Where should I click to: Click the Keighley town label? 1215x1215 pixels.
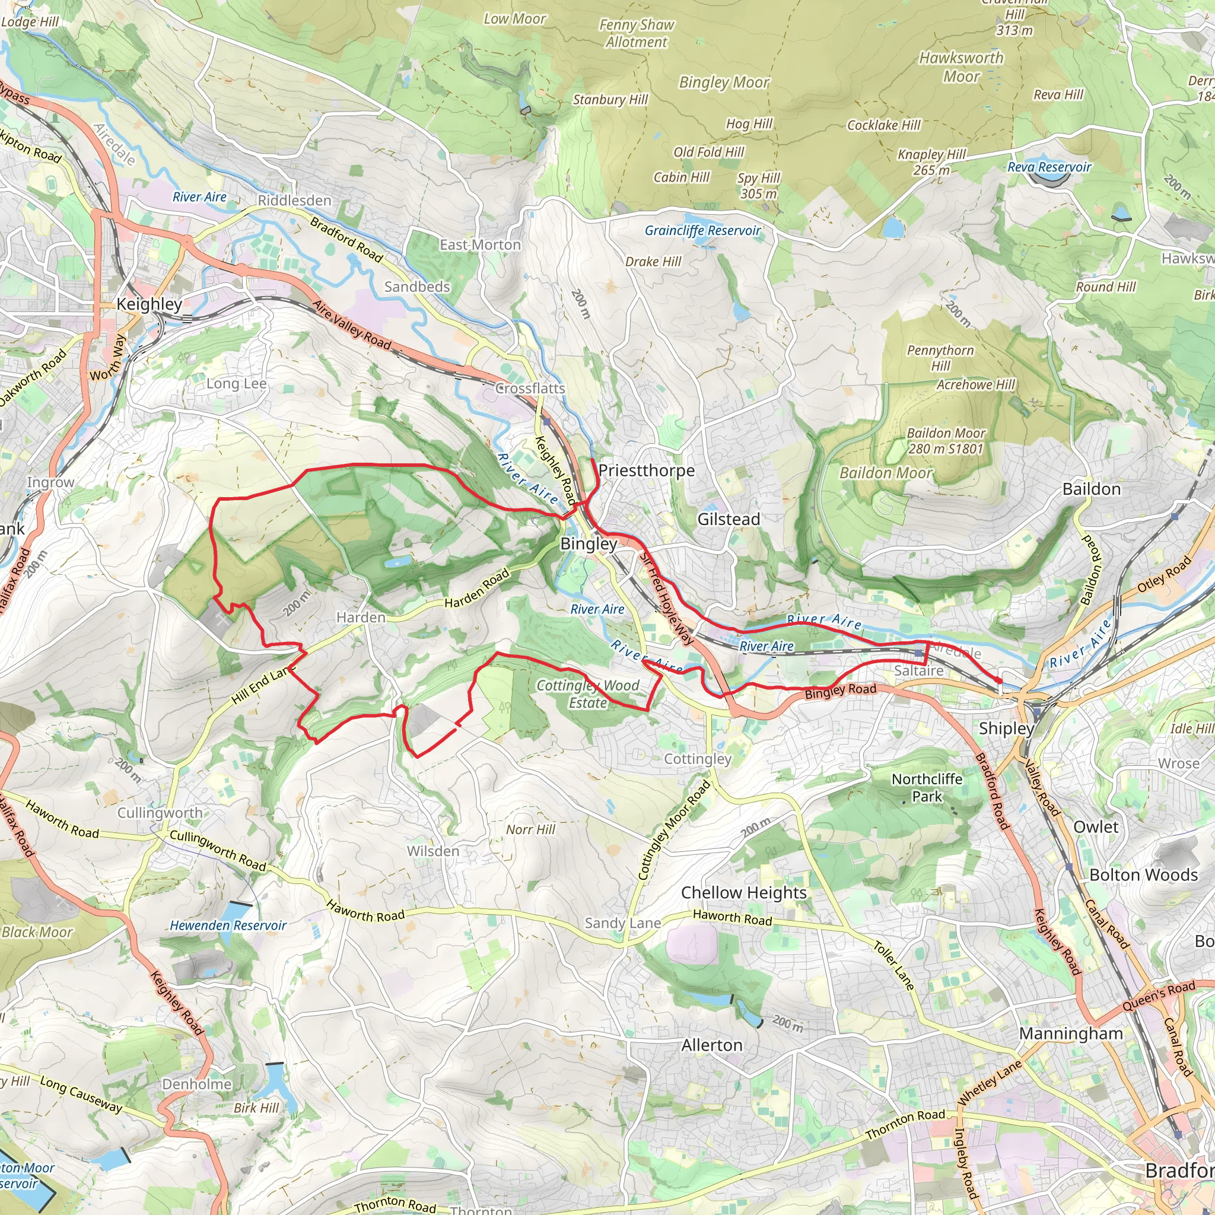point(149,304)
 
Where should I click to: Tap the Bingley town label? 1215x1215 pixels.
point(589,544)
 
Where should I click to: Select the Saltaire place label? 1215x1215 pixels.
point(919,671)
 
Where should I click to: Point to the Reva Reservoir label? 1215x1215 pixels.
point(1049,167)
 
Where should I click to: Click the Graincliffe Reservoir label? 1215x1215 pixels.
point(702,231)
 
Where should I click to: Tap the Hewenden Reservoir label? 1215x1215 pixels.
point(228,925)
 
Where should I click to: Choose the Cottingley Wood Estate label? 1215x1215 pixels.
point(587,694)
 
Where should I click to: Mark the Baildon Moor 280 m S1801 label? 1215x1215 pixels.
point(945,441)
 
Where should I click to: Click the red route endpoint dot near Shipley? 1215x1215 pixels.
point(999,680)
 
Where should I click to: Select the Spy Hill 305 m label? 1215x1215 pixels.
point(758,186)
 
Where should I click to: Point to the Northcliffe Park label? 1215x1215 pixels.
point(927,787)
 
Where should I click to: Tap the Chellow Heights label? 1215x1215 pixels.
point(743,893)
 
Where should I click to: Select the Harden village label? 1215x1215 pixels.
point(360,618)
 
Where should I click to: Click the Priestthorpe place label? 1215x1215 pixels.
point(647,470)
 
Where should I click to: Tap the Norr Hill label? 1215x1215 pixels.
point(531,829)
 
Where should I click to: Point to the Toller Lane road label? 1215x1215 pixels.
point(893,965)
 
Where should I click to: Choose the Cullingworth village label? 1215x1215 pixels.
point(160,813)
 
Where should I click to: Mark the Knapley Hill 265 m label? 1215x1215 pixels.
point(931,162)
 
